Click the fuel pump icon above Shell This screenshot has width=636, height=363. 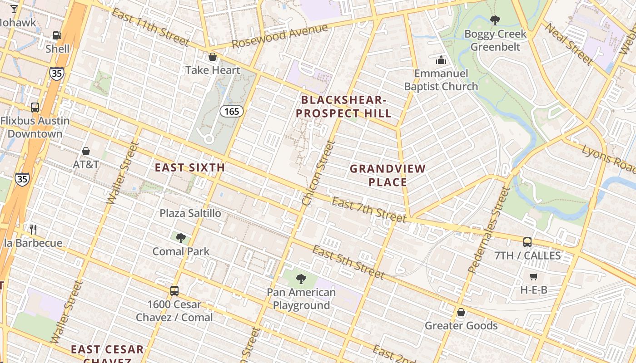[x=57, y=35]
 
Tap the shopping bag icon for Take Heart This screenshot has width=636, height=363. [x=212, y=57]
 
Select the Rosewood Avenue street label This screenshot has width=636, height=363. [x=279, y=36]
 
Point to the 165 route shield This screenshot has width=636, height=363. [x=232, y=111]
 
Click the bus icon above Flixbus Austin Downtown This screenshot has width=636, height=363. [x=35, y=108]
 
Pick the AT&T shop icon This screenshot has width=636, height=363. [x=85, y=151]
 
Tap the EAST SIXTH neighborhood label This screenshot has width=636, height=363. [x=190, y=167]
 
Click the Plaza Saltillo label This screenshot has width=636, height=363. [x=190, y=213]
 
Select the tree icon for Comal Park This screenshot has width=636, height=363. [x=181, y=238]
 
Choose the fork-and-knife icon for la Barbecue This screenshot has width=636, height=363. [x=33, y=229]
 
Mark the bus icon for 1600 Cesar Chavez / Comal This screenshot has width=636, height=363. [x=174, y=290]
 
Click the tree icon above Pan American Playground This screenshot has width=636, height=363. [x=300, y=279]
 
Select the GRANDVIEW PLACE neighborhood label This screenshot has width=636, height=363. [x=388, y=175]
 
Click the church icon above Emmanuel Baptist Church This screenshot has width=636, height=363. [x=441, y=60]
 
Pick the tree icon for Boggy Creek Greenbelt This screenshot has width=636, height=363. [x=495, y=20]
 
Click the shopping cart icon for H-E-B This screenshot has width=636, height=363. [x=534, y=276]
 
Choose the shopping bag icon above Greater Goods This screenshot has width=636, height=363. [x=461, y=312]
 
